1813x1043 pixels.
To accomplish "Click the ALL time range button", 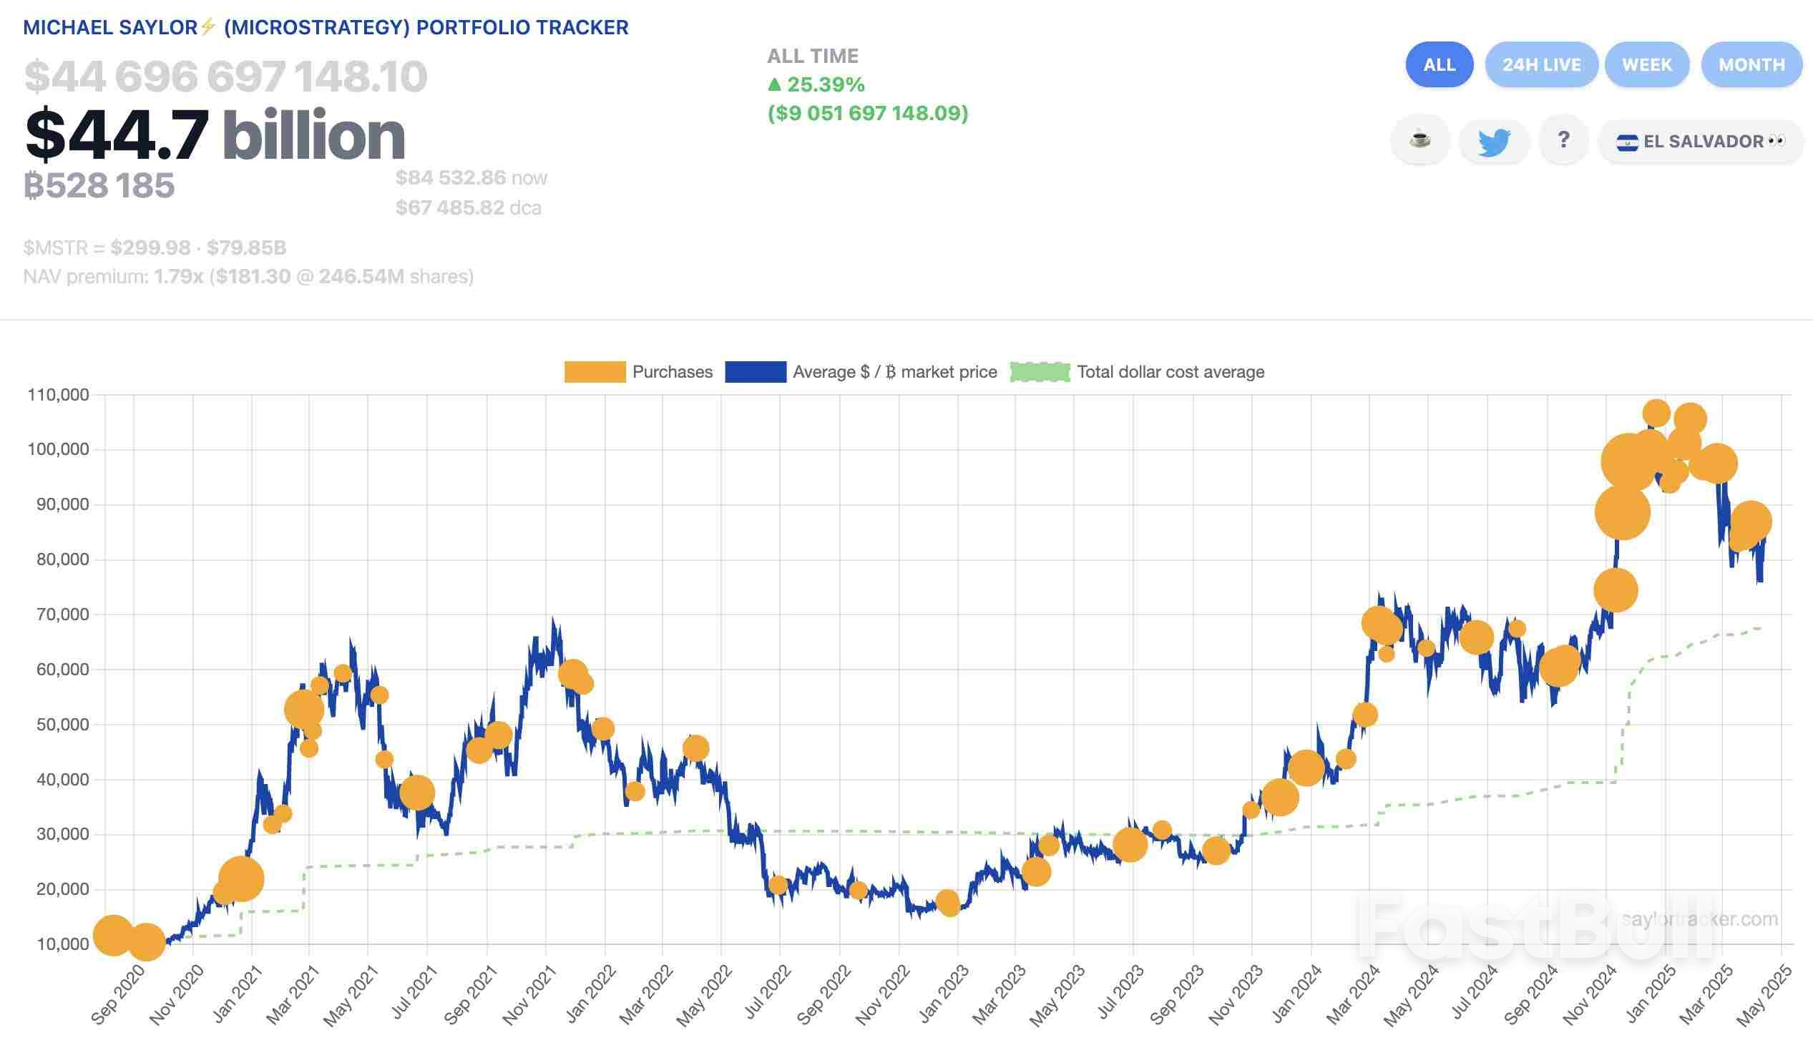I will click(x=1438, y=65).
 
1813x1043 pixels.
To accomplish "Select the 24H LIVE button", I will click(x=1541, y=65).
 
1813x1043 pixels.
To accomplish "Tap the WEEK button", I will click(x=1646, y=65).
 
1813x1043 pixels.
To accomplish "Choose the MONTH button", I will click(x=1751, y=65).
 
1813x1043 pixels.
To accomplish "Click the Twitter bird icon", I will click(x=1493, y=141).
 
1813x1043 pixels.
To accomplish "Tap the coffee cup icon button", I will click(x=1419, y=140).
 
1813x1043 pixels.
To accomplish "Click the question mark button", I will click(x=1563, y=140).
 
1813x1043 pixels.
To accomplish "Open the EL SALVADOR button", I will click(x=1700, y=141).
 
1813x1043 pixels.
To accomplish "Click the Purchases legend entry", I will click(x=638, y=372).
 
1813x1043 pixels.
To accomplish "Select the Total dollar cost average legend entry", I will click(x=1138, y=372).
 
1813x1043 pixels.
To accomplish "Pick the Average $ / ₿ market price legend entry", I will click(x=861, y=372).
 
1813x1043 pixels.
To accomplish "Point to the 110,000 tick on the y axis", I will click(x=58, y=395).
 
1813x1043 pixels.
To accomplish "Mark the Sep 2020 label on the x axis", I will click(x=118, y=995).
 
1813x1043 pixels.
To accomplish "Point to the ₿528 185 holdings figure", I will click(x=99, y=185).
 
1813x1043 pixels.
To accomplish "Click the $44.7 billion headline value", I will click(x=215, y=134).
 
